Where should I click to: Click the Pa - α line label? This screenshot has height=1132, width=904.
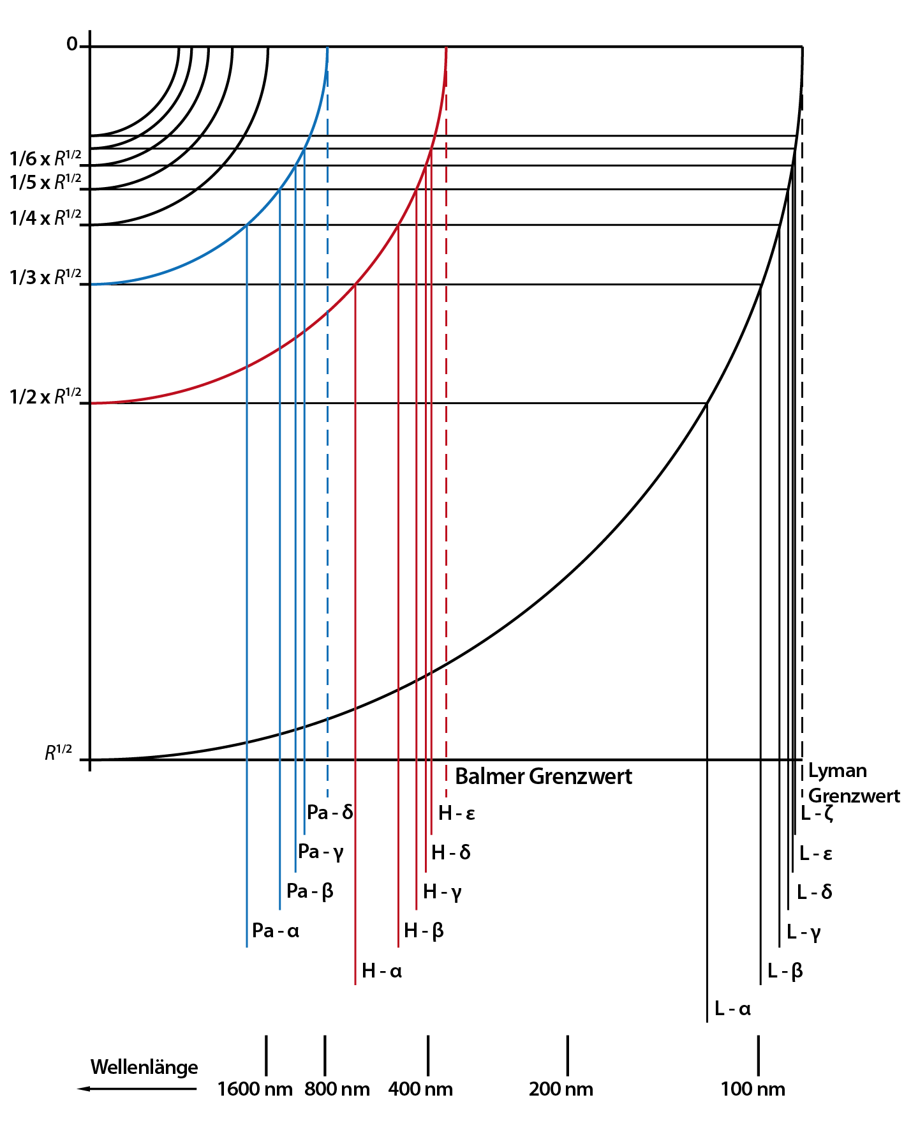276,930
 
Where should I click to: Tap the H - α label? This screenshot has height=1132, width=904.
382,970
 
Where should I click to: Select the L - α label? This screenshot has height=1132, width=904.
732,1008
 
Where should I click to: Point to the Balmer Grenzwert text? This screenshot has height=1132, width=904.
544,776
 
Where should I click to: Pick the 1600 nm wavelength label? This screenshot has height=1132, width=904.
255,1089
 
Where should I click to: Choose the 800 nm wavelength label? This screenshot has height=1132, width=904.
337,1089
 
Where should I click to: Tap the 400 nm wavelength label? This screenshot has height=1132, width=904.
420,1089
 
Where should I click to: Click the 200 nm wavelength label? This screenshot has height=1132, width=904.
561,1089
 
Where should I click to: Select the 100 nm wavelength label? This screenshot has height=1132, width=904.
753,1089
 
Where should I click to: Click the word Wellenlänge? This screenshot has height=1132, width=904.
144,1067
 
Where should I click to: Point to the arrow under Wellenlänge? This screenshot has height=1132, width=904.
137,1089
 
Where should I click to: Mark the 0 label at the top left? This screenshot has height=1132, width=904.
72,44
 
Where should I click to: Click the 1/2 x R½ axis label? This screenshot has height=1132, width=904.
45,396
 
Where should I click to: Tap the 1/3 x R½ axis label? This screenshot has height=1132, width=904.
45,277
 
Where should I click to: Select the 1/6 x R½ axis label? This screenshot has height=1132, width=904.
45,158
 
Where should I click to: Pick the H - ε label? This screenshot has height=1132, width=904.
457,813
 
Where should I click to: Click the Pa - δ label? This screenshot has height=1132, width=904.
330,812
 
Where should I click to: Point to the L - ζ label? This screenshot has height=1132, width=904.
817,813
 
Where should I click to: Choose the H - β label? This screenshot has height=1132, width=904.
424,931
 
